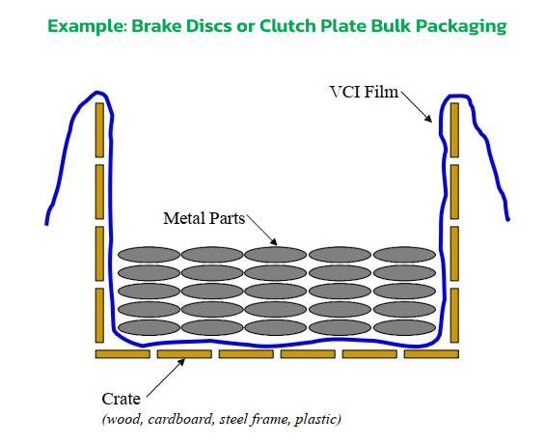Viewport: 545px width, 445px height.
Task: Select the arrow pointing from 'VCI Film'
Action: pos(417,108)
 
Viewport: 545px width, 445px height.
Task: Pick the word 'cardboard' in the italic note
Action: pos(180,419)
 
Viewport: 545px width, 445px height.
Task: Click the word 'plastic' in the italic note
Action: pos(318,419)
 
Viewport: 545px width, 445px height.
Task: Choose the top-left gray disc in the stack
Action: pos(149,255)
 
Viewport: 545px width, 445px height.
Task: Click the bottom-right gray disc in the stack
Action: pos(404,327)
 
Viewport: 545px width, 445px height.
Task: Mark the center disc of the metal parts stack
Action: pos(277,292)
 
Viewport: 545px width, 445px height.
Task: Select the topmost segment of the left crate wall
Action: pos(98,129)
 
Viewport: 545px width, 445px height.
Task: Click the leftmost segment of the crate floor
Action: pos(123,354)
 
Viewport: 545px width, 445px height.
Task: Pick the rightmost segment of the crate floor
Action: pos(430,354)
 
